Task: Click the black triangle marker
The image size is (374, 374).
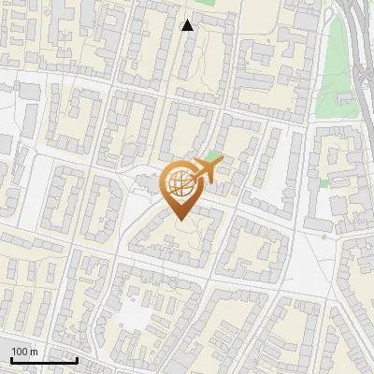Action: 188,25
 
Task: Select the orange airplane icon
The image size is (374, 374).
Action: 205,170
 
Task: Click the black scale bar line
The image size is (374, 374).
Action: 44,361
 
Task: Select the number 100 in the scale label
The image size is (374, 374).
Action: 20,352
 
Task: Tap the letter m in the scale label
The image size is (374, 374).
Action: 34,352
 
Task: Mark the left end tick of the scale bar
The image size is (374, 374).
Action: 10,359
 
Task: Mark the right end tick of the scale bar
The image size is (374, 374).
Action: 78,359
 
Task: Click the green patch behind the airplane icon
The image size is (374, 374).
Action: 215,155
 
